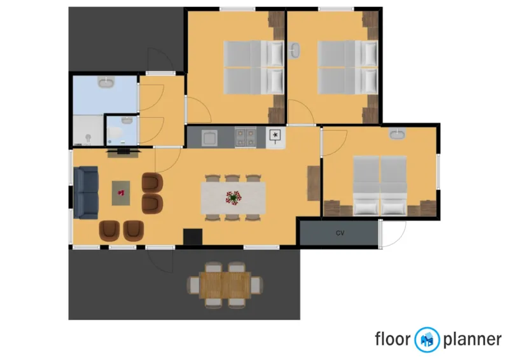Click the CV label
click(x=340, y=233)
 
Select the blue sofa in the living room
click(x=86, y=191)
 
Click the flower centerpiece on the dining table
click(x=234, y=198)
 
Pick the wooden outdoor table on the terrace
click(x=225, y=283)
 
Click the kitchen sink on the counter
click(x=209, y=136)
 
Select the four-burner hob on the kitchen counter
click(x=245, y=136)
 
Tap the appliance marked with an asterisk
click(x=275, y=135)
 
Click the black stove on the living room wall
click(x=192, y=237)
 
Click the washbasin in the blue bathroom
click(x=106, y=83)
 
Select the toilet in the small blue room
click(x=114, y=132)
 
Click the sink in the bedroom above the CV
click(x=398, y=134)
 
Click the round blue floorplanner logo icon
click(x=427, y=340)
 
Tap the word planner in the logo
click(x=471, y=340)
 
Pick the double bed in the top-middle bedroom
click(x=253, y=68)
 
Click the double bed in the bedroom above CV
click(x=380, y=186)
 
